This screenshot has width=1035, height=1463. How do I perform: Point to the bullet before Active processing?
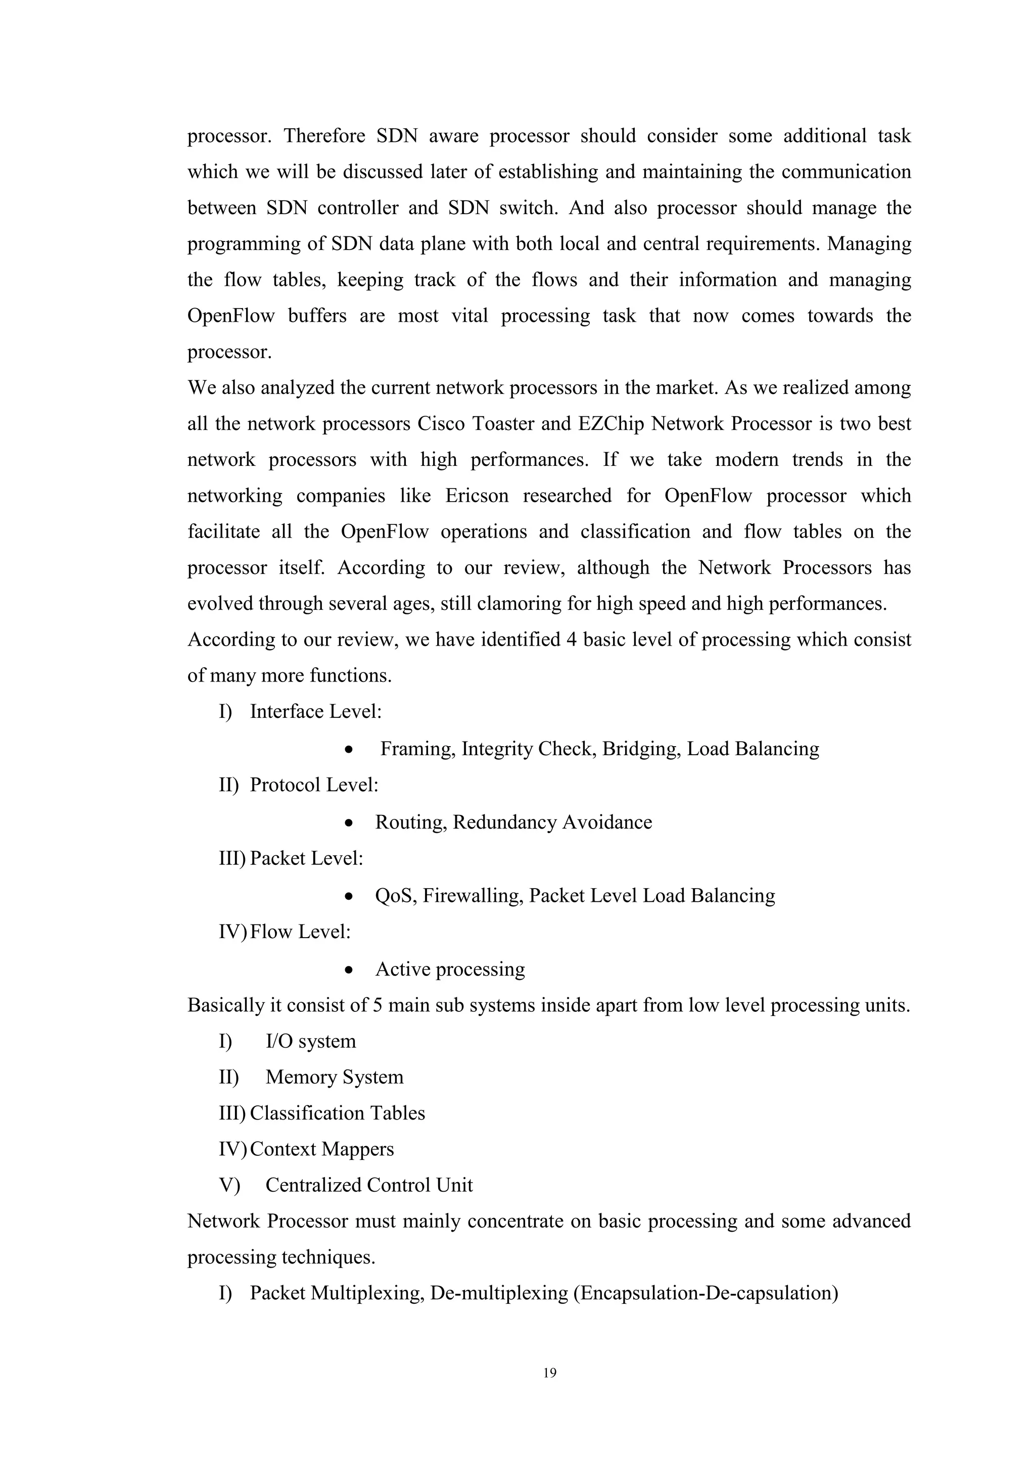[348, 970]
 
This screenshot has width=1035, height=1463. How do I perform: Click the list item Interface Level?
[315, 712]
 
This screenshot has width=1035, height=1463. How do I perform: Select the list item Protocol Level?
[313, 785]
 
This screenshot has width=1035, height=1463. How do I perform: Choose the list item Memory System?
[334, 1078]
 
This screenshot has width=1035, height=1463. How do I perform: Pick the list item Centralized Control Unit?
[369, 1185]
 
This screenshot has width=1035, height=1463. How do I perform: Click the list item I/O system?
[310, 1041]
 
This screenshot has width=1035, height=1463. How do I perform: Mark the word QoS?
[395, 896]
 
